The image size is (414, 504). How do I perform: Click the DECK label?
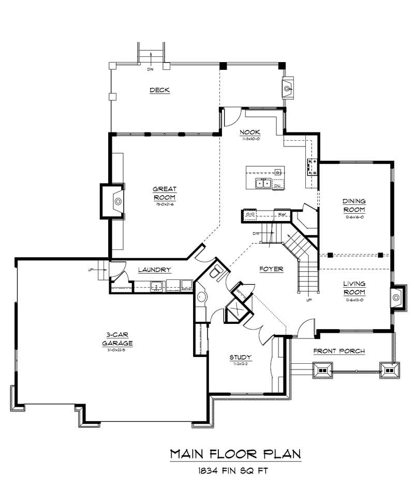point(159,91)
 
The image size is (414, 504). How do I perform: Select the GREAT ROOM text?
point(165,193)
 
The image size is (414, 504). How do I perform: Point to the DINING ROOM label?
point(354,205)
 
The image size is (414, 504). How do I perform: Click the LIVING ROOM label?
point(354,287)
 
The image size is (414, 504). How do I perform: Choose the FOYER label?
point(271,269)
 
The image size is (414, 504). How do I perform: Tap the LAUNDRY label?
point(154,270)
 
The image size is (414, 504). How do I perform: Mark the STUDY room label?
point(240,357)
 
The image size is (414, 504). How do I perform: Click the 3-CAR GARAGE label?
point(117,339)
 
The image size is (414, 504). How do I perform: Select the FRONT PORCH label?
point(339,351)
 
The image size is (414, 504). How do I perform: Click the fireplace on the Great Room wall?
point(117,201)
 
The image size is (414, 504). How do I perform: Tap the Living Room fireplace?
point(397,297)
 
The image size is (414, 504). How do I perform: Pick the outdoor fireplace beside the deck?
point(287,88)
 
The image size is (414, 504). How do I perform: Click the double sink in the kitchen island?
point(263,183)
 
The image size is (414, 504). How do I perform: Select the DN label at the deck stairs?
point(151,68)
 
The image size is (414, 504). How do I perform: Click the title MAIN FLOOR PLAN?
point(235,454)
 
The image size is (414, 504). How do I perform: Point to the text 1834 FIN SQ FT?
point(235,471)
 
